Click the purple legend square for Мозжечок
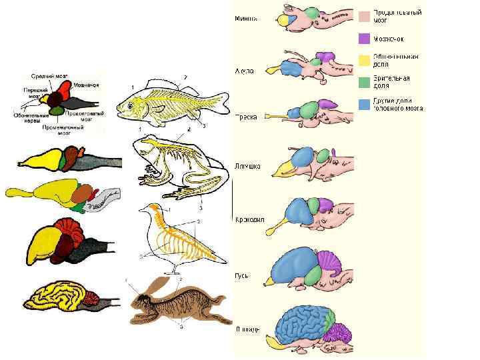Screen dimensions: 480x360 click(364, 38)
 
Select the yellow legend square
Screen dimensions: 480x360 click(364, 61)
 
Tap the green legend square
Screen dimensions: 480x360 click(364, 82)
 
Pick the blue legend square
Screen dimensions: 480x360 click(364, 104)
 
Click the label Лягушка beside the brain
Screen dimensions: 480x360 click(247, 167)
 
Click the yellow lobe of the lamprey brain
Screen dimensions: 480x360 click(283, 21)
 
